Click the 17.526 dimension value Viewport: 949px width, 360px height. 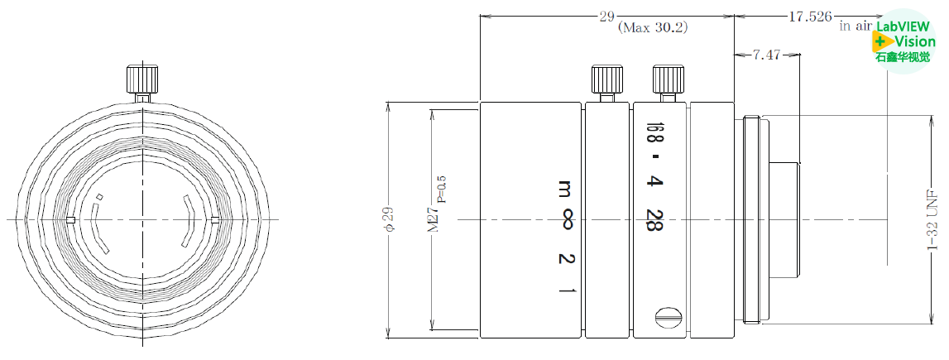tap(810, 16)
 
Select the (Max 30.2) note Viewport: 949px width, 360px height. tap(653, 27)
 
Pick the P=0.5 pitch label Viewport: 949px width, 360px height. tap(441, 189)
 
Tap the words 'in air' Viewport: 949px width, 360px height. tap(857, 26)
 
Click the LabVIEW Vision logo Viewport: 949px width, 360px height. tap(904, 41)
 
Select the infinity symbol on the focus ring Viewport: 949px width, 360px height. tap(567, 219)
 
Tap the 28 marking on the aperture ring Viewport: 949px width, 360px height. tap(654, 219)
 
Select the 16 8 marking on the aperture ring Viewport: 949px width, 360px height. tap(654, 132)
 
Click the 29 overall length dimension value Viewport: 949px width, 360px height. tap(606, 16)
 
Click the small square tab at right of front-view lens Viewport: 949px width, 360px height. tap(215, 219)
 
